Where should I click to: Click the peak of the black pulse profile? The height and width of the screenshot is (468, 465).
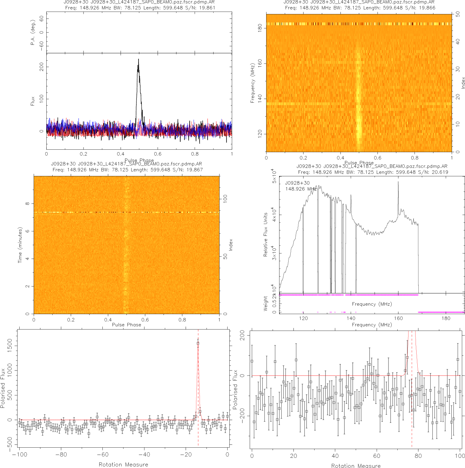(138, 60)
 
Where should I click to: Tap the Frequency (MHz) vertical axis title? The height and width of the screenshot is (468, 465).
(252, 83)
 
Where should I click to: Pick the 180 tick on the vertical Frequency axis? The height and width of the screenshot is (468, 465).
(260, 28)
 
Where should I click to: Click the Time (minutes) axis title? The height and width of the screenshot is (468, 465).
(20, 245)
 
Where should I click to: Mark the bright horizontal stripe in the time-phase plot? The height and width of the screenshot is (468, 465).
(126, 212)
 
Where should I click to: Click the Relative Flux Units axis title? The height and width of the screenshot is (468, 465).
(265, 235)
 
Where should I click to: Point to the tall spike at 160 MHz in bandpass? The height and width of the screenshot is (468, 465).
(398, 182)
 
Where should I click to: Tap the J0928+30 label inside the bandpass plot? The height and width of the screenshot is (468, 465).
(297, 183)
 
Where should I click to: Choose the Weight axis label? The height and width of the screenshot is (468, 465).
(265, 303)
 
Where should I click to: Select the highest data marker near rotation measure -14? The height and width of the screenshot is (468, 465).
(198, 344)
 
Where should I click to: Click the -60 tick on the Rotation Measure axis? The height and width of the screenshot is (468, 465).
(102, 455)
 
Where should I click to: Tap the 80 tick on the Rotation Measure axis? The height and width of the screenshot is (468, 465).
(418, 456)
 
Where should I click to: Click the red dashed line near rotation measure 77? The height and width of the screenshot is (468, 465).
(412, 421)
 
